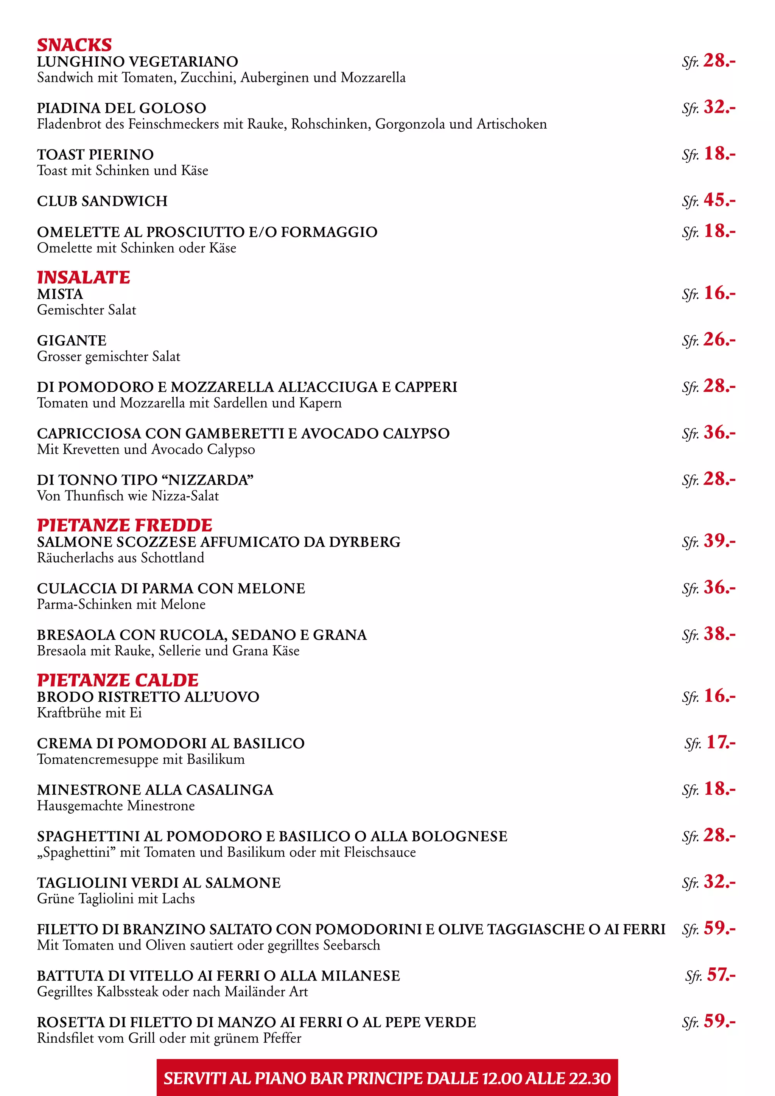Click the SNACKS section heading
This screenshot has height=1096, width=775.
(x=75, y=45)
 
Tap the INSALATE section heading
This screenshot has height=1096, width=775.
(x=84, y=277)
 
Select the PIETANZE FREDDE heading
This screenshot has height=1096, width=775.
(x=124, y=525)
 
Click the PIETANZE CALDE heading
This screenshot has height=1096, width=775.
(x=117, y=680)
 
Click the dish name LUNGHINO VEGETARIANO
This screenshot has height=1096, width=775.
(x=137, y=62)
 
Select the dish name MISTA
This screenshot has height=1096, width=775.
(x=60, y=294)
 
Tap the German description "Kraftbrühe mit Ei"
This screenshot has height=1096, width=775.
(x=89, y=713)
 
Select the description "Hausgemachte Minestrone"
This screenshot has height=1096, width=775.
(x=116, y=806)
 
